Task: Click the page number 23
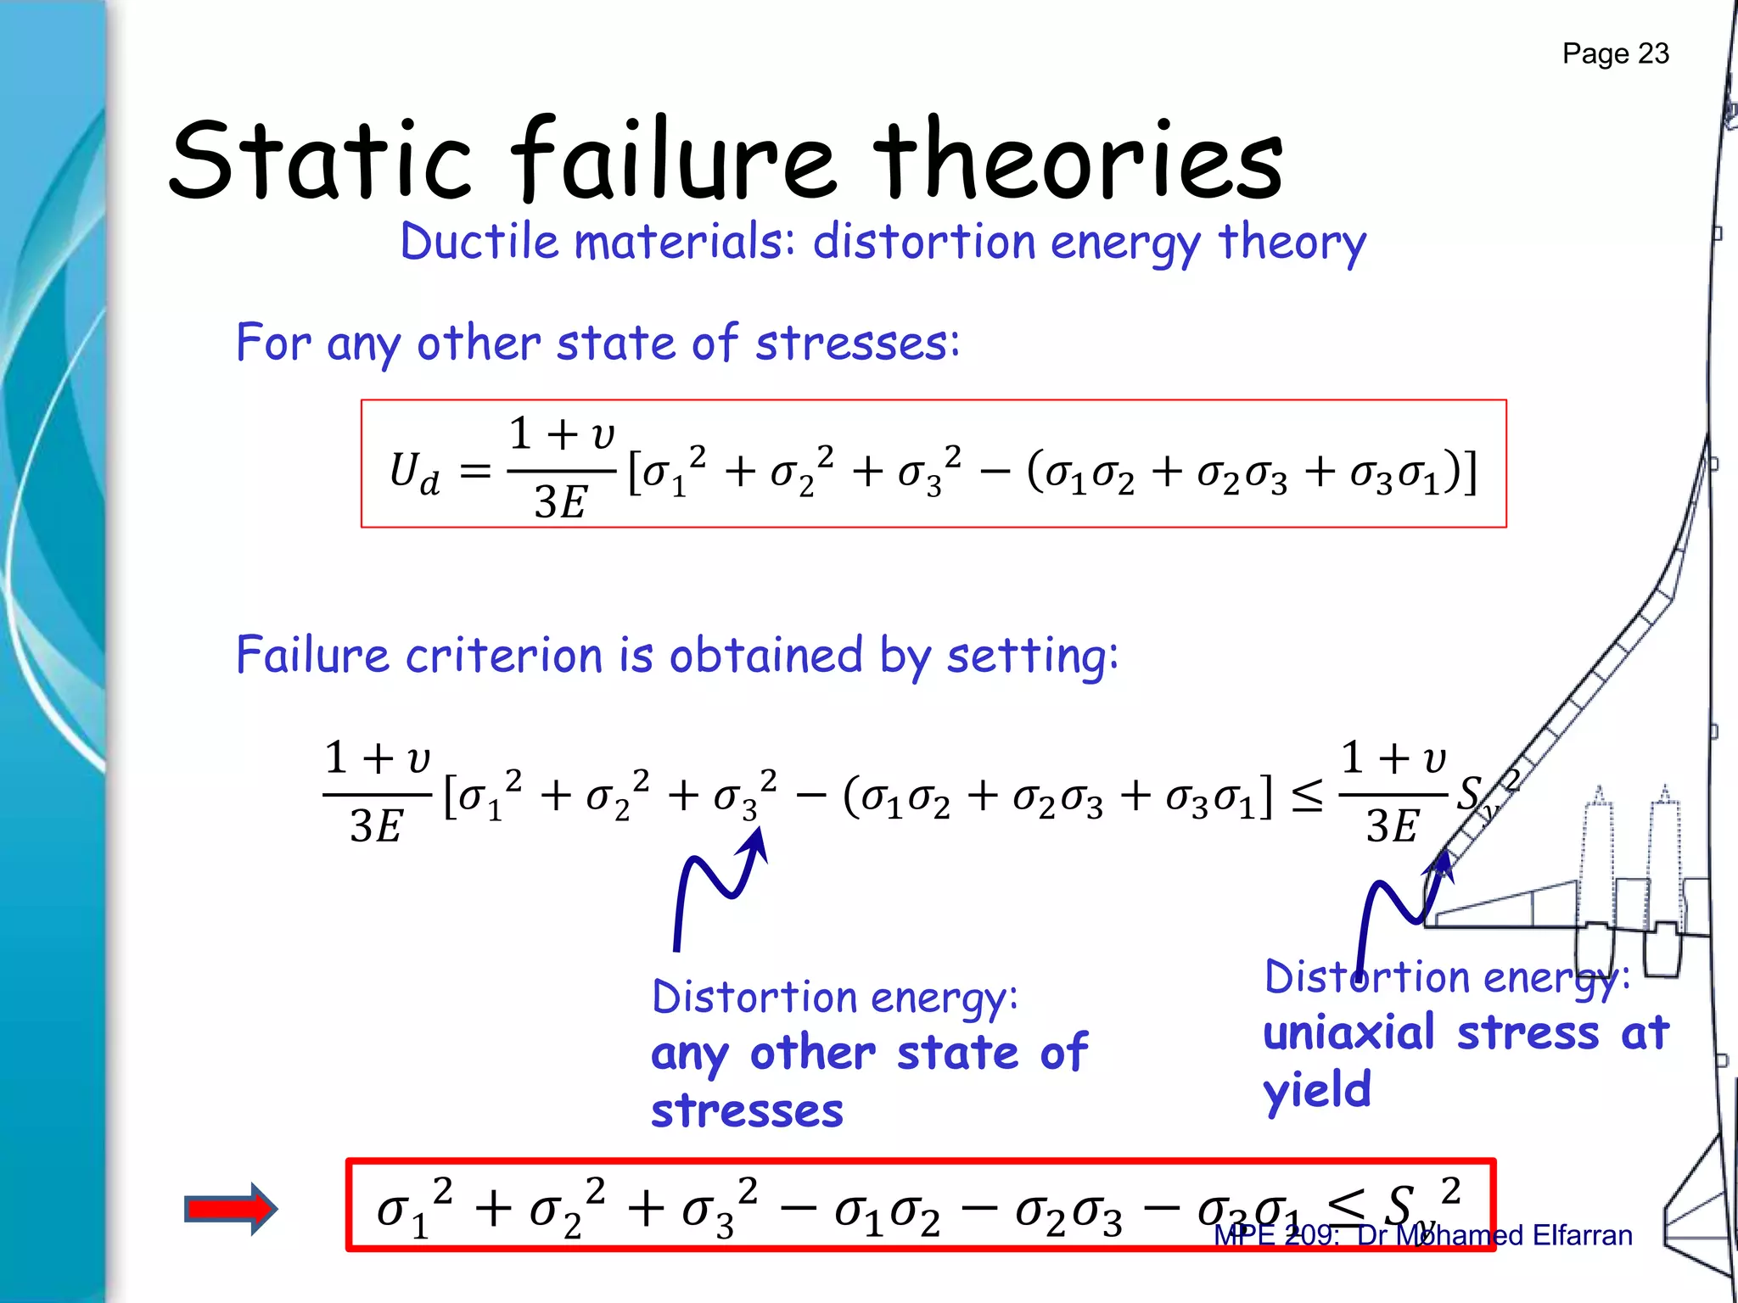1653,53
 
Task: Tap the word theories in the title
1078,159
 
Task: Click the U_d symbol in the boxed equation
414,472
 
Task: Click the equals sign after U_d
475,472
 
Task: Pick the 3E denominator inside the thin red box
560,502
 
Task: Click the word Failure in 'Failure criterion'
312,655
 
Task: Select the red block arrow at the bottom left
231,1209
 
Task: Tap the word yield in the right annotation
1317,1091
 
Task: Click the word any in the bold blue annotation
689,1054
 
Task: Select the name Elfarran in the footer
1582,1235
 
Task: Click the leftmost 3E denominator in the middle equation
376,826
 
